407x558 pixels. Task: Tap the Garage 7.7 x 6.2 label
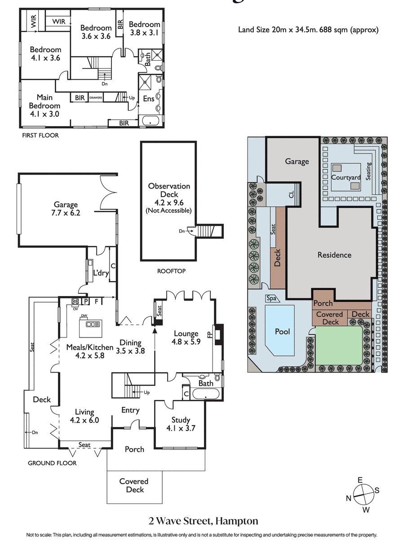point(66,208)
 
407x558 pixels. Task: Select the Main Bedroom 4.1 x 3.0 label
point(44,105)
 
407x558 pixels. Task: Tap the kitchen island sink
point(93,324)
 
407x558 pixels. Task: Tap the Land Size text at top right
point(308,30)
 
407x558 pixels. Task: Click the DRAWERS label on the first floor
point(96,98)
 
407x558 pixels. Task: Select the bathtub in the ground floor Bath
point(206,394)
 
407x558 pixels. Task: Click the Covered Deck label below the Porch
point(134,485)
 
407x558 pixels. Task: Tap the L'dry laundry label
point(101,273)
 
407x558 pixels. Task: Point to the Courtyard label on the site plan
point(346,177)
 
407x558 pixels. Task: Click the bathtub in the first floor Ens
point(150,121)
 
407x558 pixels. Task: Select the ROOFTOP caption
point(171,271)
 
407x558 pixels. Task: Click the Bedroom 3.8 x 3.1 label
point(144,28)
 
